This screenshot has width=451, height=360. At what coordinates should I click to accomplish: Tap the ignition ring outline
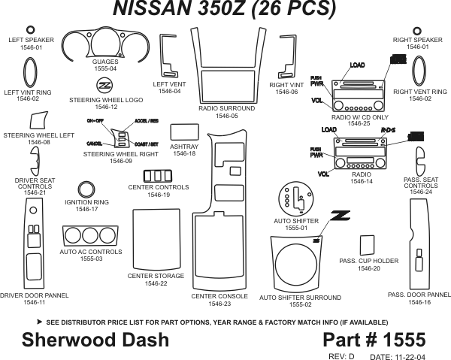[x=87, y=190]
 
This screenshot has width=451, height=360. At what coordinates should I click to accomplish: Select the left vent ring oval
[x=31, y=72]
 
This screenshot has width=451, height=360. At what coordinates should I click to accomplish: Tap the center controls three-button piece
[x=158, y=177]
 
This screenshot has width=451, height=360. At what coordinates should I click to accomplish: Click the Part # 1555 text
[x=374, y=340]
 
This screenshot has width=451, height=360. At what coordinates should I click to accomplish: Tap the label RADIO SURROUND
[x=226, y=109]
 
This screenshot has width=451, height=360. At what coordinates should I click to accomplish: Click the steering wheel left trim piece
[x=40, y=121]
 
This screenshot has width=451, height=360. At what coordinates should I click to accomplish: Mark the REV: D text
[x=342, y=355]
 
